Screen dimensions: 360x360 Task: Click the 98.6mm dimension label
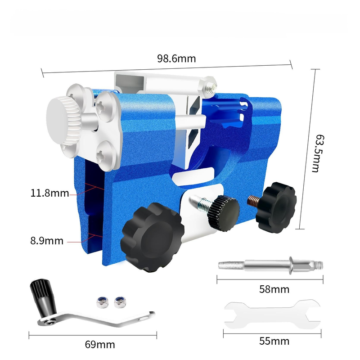click(x=176, y=59)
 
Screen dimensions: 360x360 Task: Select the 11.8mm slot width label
click(x=49, y=193)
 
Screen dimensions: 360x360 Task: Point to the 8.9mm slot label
click(x=47, y=241)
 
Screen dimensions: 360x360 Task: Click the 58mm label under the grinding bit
click(x=274, y=289)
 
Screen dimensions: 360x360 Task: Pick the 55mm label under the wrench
click(x=274, y=341)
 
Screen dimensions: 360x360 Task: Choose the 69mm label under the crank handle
click(x=100, y=345)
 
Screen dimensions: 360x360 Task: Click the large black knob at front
click(x=153, y=237)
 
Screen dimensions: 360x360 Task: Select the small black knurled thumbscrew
click(x=224, y=213)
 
